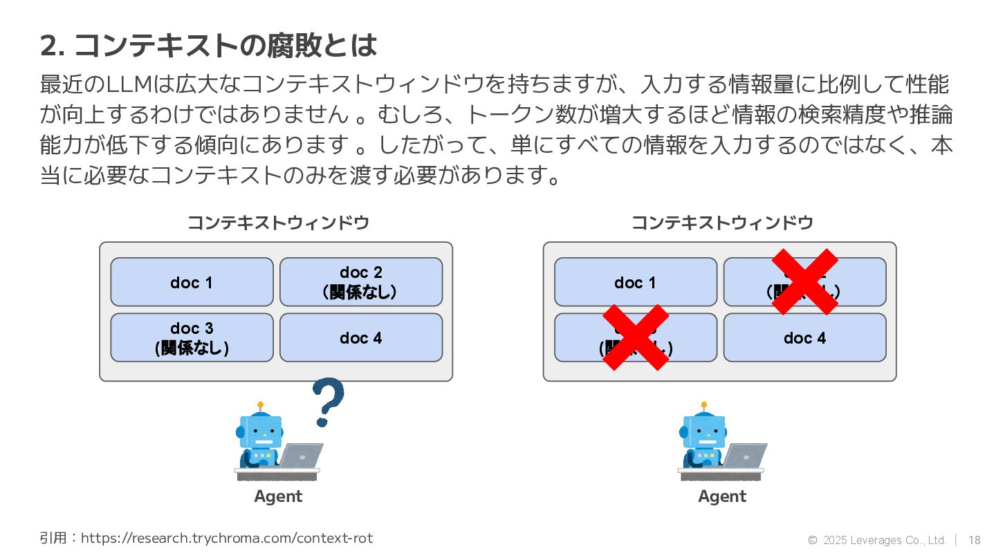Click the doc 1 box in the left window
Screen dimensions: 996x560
pyautogui.click(x=192, y=282)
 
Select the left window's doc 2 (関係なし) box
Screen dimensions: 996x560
pyautogui.click(x=360, y=282)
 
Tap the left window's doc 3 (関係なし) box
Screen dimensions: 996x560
pyautogui.click(x=192, y=337)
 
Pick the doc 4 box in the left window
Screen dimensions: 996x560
pyautogui.click(x=360, y=337)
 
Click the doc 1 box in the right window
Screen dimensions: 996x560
pyautogui.click(x=635, y=282)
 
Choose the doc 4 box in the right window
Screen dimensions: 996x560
pyautogui.click(x=804, y=337)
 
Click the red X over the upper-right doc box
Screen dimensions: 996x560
pyautogui.click(x=804, y=281)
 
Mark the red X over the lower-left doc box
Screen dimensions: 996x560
pyautogui.click(x=636, y=337)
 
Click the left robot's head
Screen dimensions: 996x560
pyautogui.click(x=260, y=432)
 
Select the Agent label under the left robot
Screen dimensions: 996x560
pyautogui.click(x=278, y=496)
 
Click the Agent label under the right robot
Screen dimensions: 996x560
pyautogui.click(x=722, y=496)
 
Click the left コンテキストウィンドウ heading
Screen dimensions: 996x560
pyautogui.click(x=278, y=223)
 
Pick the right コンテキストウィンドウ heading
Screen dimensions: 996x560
pyautogui.click(x=722, y=223)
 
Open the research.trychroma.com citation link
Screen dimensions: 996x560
pyautogui.click(x=227, y=538)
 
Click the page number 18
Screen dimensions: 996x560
pyautogui.click(x=975, y=540)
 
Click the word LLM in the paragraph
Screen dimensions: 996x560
pyautogui.click(x=131, y=85)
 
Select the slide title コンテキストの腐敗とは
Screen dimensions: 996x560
pyautogui.click(x=225, y=46)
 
